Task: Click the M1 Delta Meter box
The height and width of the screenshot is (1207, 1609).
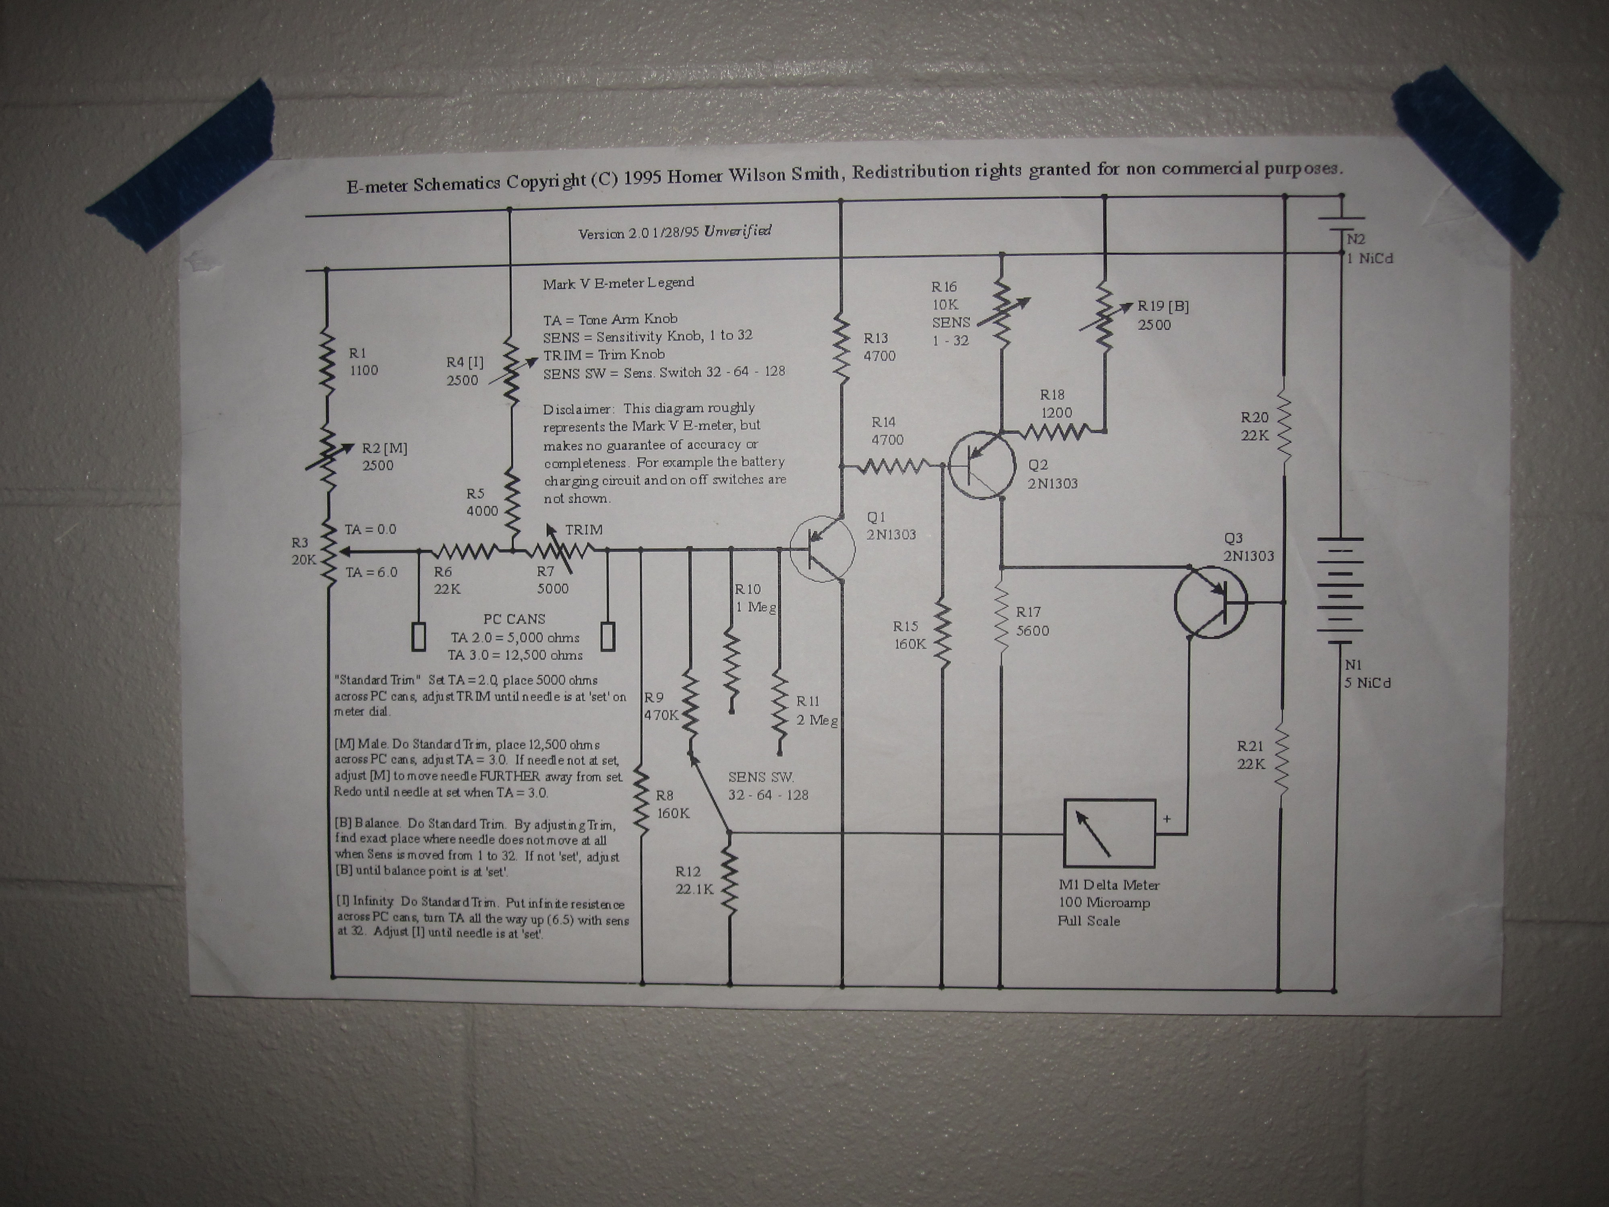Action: (1109, 834)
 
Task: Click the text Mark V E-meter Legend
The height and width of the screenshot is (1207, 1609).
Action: (618, 283)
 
